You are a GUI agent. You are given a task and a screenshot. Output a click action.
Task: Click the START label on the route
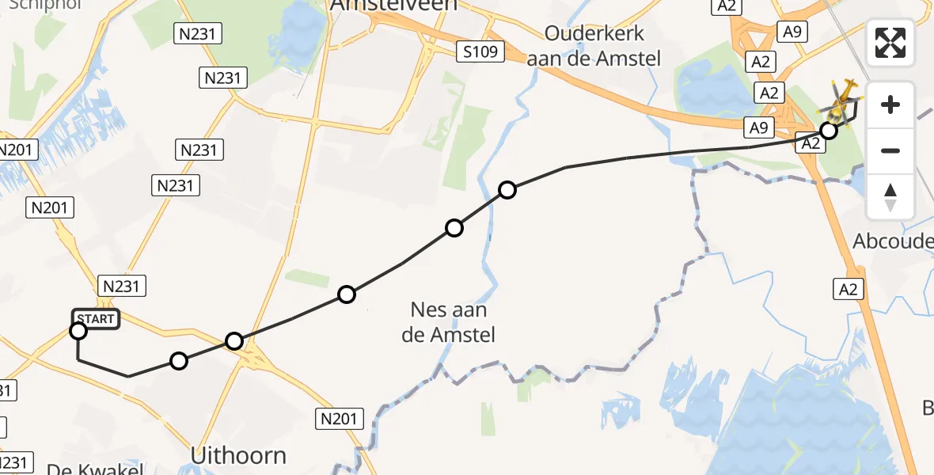point(97,319)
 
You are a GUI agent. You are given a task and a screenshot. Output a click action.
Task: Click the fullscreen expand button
point(890,43)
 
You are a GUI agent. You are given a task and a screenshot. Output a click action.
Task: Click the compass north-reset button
point(890,197)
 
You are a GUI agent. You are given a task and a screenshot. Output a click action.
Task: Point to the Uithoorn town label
point(238,455)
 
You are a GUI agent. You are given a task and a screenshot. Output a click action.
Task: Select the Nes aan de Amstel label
point(449,322)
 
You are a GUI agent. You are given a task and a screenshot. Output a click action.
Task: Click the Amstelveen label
point(393,6)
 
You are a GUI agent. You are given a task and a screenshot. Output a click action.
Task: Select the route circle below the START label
point(78,331)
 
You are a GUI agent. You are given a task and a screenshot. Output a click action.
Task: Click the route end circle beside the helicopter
point(829,131)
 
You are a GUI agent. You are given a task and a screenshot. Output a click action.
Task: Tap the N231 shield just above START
point(122,286)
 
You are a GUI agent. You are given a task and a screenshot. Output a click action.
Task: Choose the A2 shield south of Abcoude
point(848,290)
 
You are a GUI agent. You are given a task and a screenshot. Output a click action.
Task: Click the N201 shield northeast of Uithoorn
point(340,418)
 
